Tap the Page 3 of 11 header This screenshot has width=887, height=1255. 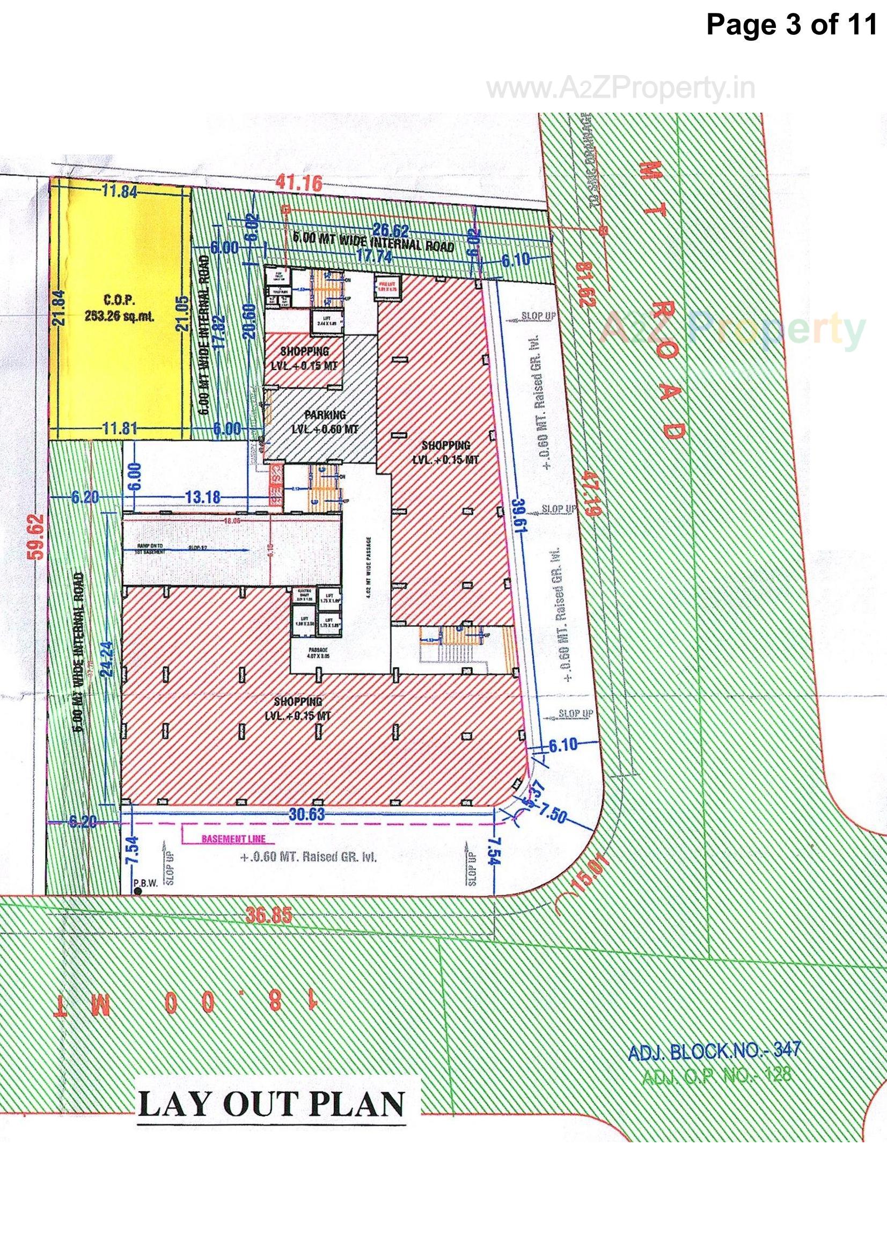pos(791,25)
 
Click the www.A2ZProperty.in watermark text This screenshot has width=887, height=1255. pos(621,89)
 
